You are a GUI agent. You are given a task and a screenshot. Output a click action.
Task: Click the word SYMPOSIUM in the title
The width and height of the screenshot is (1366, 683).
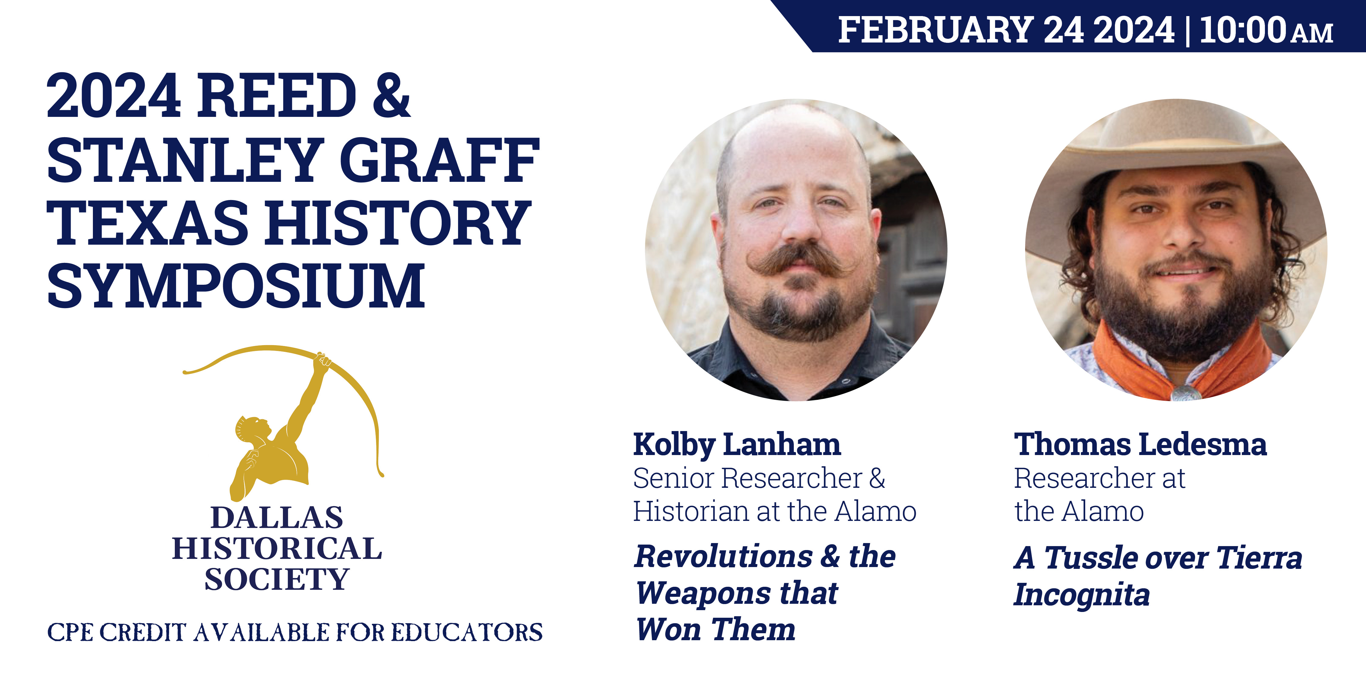coord(236,286)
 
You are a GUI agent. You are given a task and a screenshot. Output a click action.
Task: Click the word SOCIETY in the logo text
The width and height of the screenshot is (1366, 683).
coord(277,579)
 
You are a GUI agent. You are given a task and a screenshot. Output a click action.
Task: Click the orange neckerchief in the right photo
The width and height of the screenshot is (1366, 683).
coord(1183,366)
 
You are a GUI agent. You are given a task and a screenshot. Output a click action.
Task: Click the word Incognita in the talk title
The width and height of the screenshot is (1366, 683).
coord(1082,594)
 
